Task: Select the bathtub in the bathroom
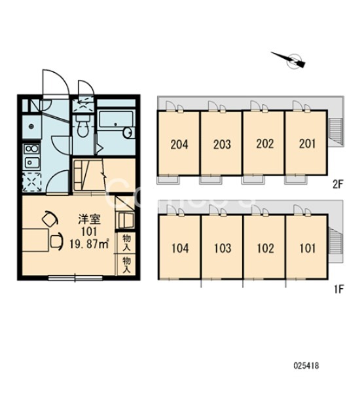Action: pyautogui.click(x=116, y=121)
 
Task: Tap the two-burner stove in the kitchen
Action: pyautogui.click(x=31, y=149)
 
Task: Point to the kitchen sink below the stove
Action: pyautogui.click(x=31, y=162)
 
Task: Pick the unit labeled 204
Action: pyautogui.click(x=179, y=145)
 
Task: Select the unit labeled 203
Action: pyautogui.click(x=222, y=145)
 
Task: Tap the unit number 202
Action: pyautogui.click(x=265, y=144)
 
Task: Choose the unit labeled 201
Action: pyautogui.click(x=307, y=144)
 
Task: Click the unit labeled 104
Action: pyautogui.click(x=180, y=248)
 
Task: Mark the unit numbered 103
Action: pyautogui.click(x=223, y=248)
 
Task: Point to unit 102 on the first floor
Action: pyautogui.click(x=265, y=248)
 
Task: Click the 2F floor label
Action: pyautogui.click(x=338, y=185)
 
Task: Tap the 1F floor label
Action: pyautogui.click(x=338, y=290)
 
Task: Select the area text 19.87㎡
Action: pyautogui.click(x=89, y=244)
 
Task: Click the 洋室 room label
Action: pyautogui.click(x=90, y=219)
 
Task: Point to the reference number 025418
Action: pyautogui.click(x=306, y=365)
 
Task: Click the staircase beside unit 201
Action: pyautogui.click(x=335, y=132)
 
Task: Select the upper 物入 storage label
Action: pyautogui.click(x=126, y=242)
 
